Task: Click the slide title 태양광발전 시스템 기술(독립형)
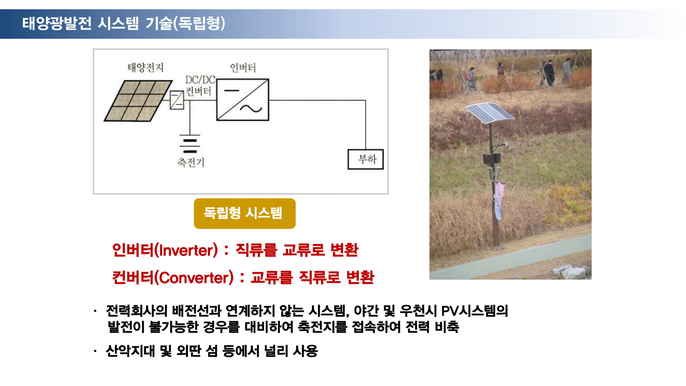pyautogui.click(x=124, y=23)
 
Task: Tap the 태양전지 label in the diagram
pyautogui.click(x=145, y=67)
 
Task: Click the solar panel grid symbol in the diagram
pyautogui.click(x=138, y=101)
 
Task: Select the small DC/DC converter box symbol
pyautogui.click(x=177, y=100)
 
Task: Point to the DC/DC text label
pyautogui.click(x=200, y=80)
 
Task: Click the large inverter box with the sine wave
pyautogui.click(x=243, y=100)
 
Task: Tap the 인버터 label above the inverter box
pyautogui.click(x=243, y=68)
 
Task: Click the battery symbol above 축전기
pyautogui.click(x=189, y=144)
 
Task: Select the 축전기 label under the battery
pyautogui.click(x=191, y=162)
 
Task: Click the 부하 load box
pyautogui.click(x=366, y=159)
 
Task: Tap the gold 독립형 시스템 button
pyautogui.click(x=245, y=213)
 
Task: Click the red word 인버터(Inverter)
pyautogui.click(x=165, y=250)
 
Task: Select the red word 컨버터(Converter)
pyautogui.click(x=173, y=278)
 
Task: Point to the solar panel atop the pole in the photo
pyautogui.click(x=490, y=113)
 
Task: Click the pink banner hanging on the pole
pyautogui.click(x=499, y=201)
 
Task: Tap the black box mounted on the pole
pyautogui.click(x=492, y=159)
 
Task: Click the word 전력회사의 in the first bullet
pyautogui.click(x=137, y=311)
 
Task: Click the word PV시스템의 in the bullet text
pyautogui.click(x=474, y=311)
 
